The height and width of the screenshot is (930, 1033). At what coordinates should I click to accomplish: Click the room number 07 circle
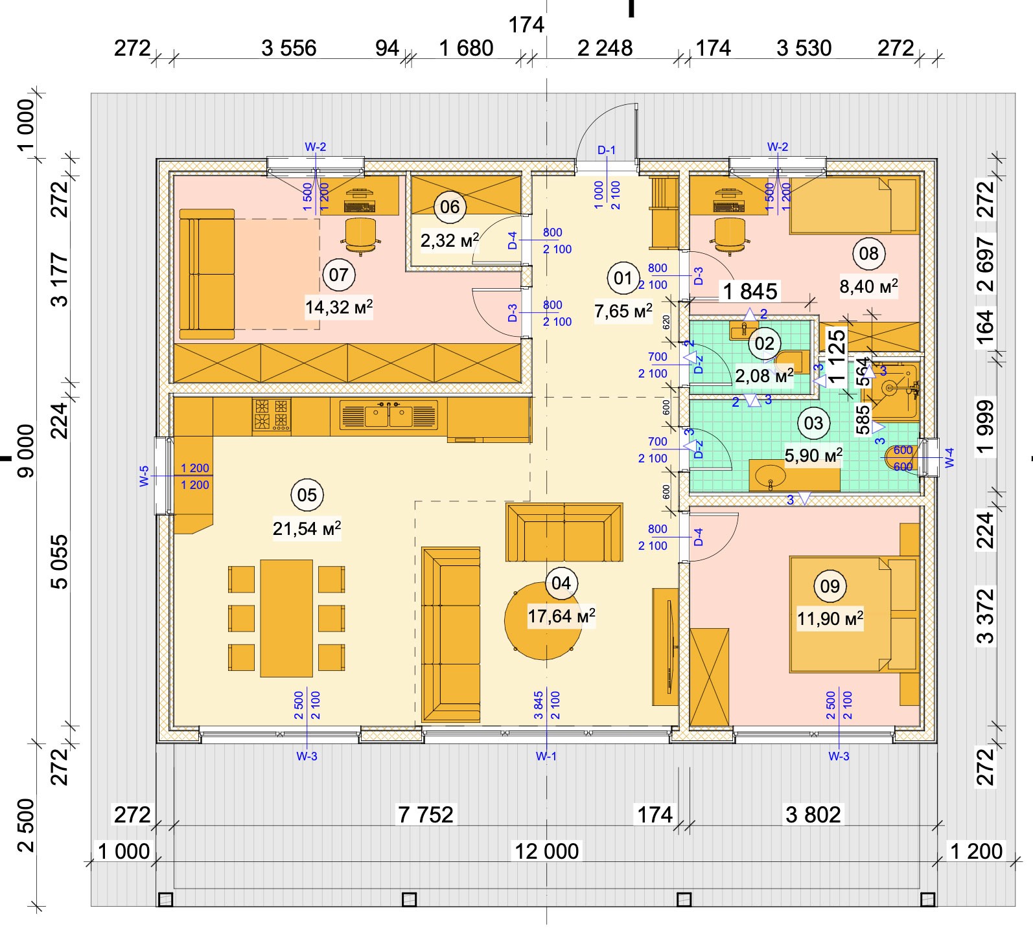click(x=338, y=275)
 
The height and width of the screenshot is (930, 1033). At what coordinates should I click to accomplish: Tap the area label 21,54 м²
click(x=307, y=528)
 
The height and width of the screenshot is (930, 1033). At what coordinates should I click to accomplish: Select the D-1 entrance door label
click(x=607, y=150)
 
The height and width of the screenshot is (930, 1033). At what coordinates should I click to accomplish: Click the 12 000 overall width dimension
click(x=546, y=851)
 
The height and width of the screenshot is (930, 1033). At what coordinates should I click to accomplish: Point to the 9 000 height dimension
click(x=26, y=451)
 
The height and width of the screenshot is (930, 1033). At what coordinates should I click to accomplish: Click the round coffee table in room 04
click(x=543, y=620)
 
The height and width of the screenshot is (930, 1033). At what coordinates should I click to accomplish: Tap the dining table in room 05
click(x=286, y=618)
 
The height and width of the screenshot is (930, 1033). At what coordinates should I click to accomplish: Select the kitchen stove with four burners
click(x=272, y=415)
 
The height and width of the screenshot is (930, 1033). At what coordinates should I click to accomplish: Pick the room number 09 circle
click(x=830, y=586)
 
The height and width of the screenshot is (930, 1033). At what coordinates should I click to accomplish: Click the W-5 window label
click(x=144, y=476)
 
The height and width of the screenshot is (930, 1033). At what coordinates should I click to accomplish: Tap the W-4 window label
click(x=950, y=458)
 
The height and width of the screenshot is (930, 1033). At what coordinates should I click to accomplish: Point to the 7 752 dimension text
click(x=426, y=814)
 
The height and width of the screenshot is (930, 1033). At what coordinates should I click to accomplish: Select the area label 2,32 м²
click(x=450, y=241)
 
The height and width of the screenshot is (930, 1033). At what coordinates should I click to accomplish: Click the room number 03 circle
click(x=813, y=424)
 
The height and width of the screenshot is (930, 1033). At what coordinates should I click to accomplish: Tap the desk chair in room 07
click(x=360, y=234)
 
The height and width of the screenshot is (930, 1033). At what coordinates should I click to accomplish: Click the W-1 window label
click(x=546, y=756)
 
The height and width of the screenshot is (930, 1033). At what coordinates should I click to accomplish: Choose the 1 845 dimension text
click(x=750, y=291)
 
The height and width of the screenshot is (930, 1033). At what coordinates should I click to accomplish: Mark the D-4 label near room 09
click(x=698, y=537)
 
